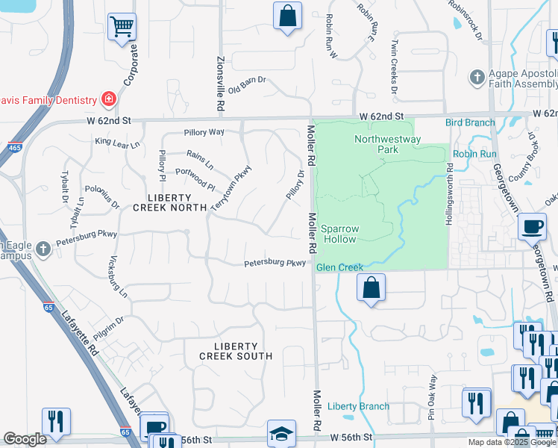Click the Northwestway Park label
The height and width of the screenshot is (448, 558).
(x=387, y=144)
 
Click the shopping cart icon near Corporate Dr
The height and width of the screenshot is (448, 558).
(x=122, y=27)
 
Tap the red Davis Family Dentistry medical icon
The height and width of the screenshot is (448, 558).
(x=109, y=99)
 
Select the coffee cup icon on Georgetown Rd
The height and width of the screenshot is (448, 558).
(x=532, y=226)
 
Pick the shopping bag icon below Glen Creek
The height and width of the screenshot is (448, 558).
(x=371, y=287)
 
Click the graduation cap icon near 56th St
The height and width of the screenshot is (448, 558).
(x=281, y=432)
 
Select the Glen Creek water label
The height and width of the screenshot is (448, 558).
(x=339, y=267)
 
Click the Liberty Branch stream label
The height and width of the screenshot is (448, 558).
(x=358, y=406)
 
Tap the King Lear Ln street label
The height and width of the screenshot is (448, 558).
(x=117, y=141)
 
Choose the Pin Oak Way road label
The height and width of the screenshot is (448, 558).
(x=432, y=393)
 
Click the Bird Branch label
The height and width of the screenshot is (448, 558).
(x=470, y=122)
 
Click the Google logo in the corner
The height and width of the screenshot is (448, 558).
(x=25, y=439)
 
